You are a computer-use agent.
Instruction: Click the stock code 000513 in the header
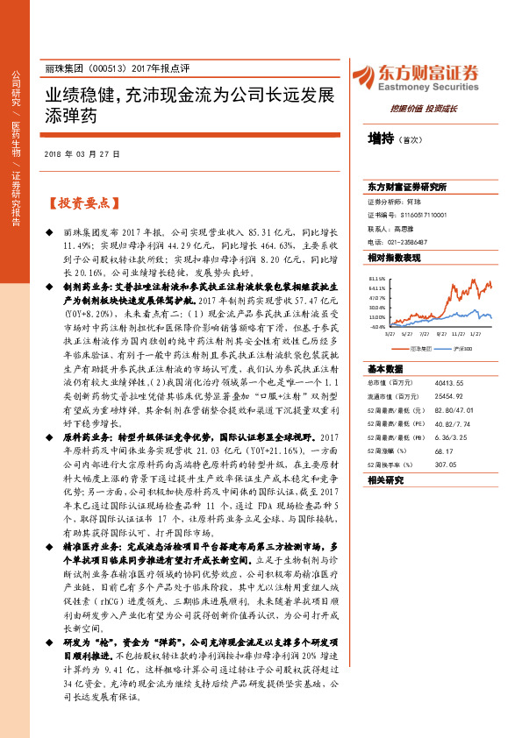(107, 68)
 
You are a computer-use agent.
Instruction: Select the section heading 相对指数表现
(388, 258)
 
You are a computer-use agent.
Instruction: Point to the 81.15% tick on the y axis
(378, 277)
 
